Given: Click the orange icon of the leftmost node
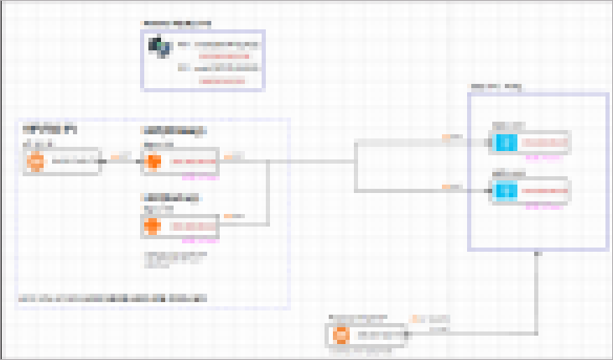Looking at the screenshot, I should tap(35, 162).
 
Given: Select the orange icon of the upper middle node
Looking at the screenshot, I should tap(153, 161).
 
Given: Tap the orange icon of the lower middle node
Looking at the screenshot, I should tap(153, 226).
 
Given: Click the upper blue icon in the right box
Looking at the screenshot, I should tap(504, 143).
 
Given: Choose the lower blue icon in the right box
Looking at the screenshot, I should tap(504, 192).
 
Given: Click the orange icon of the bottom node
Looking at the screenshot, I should tap(340, 336).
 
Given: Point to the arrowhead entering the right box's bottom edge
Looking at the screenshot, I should tap(537, 253).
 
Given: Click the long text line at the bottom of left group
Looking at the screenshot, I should tap(113, 298).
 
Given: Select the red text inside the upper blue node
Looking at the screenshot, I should tap(544, 143).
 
